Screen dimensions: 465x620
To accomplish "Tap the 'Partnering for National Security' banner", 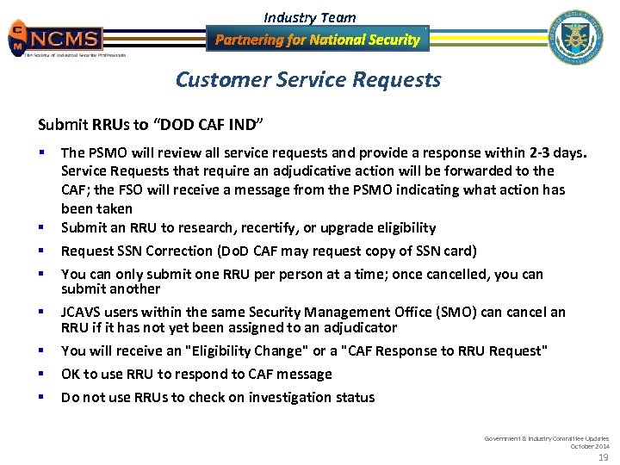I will coord(317,40).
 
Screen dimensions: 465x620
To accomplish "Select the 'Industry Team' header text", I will coord(309,17).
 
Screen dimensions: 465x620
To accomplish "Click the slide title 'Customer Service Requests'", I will coord(308,80).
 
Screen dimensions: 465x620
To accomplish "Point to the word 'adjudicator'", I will coord(359,327).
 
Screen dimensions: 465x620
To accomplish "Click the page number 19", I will coord(603,456).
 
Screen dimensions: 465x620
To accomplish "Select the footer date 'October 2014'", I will coord(590,445).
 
